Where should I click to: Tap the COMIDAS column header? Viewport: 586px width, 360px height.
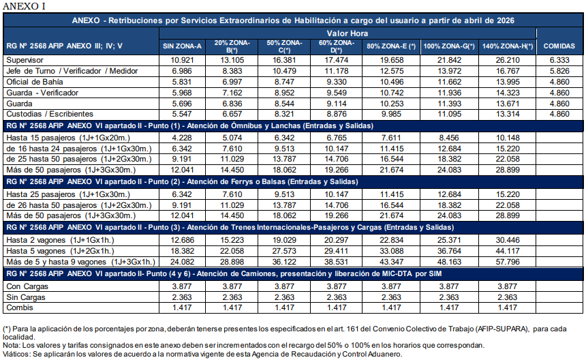click(x=559, y=46)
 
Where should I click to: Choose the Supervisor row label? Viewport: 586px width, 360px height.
click(x=25, y=60)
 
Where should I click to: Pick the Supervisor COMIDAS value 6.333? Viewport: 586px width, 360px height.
click(x=559, y=60)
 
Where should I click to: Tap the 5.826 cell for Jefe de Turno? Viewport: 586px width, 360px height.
click(x=559, y=71)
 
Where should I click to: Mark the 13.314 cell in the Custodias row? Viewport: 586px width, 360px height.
click(x=509, y=113)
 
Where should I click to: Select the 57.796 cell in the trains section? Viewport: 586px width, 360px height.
click(x=509, y=261)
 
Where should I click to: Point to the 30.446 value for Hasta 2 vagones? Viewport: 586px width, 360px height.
click(x=509, y=240)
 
